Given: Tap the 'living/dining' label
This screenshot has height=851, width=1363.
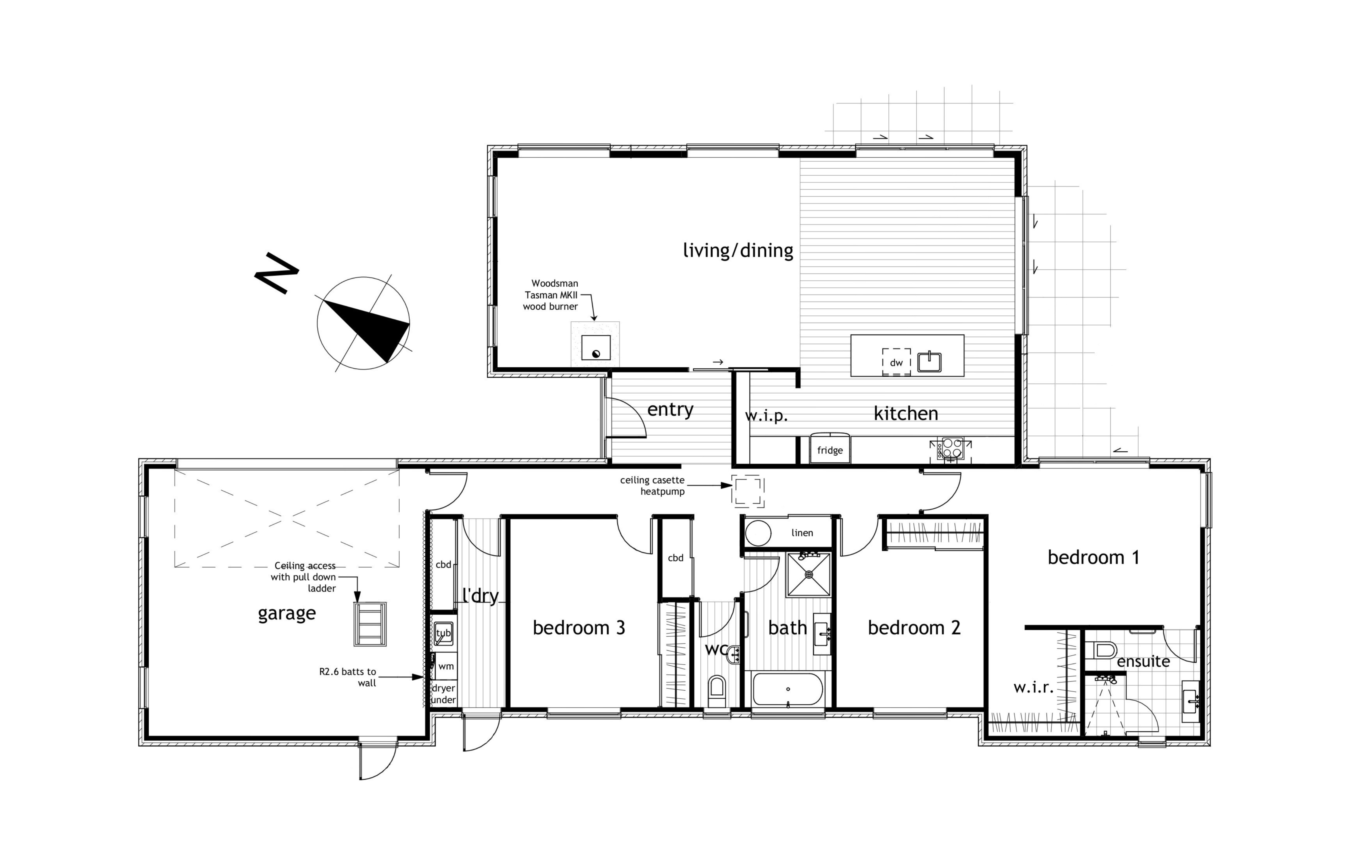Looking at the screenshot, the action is pyautogui.click(x=738, y=251).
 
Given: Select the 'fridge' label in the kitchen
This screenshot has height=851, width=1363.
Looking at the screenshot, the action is pyautogui.click(x=830, y=450).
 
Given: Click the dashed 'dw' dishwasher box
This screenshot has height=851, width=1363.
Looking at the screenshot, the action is pyautogui.click(x=896, y=362).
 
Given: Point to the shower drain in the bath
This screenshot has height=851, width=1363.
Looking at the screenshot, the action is pyautogui.click(x=809, y=575).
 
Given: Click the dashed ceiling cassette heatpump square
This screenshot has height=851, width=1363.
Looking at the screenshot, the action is pyautogui.click(x=748, y=490).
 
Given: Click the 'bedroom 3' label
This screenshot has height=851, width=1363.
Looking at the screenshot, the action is pyautogui.click(x=579, y=628).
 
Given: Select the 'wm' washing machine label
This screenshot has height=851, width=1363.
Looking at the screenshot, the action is pyautogui.click(x=446, y=666).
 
